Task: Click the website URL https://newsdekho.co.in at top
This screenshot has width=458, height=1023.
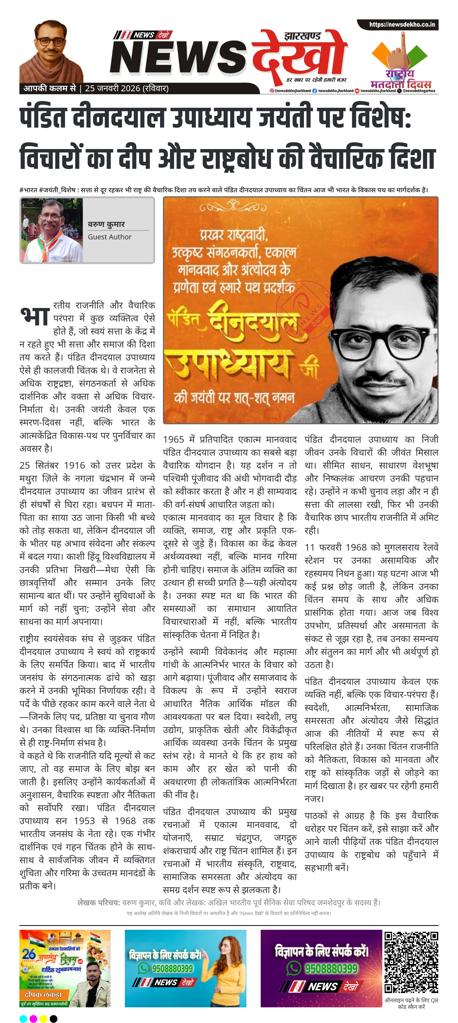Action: point(402,25)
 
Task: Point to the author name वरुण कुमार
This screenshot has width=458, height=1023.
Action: point(106,224)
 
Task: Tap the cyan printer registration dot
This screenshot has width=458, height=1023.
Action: point(23,1018)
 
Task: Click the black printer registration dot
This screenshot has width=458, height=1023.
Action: point(53,1018)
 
